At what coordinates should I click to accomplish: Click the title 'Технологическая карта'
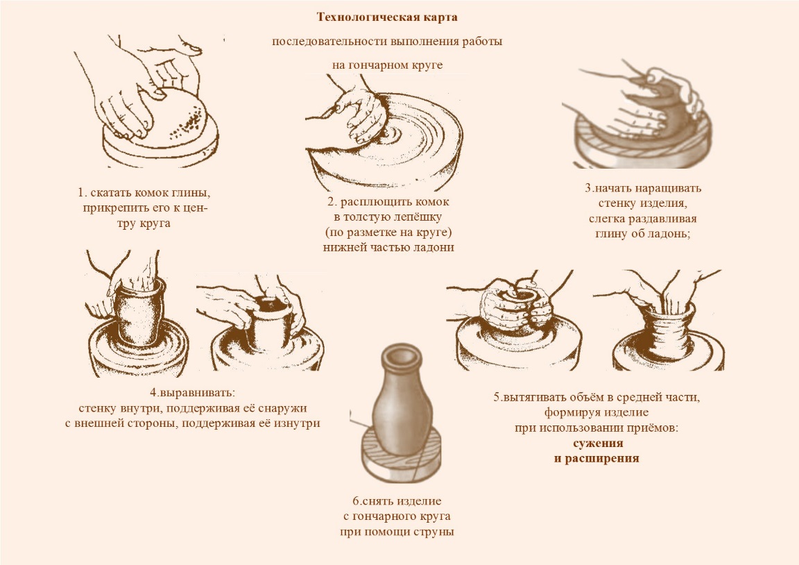coord(387,17)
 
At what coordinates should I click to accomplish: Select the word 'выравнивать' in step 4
coord(195,394)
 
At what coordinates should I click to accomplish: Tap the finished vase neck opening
coord(399,353)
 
